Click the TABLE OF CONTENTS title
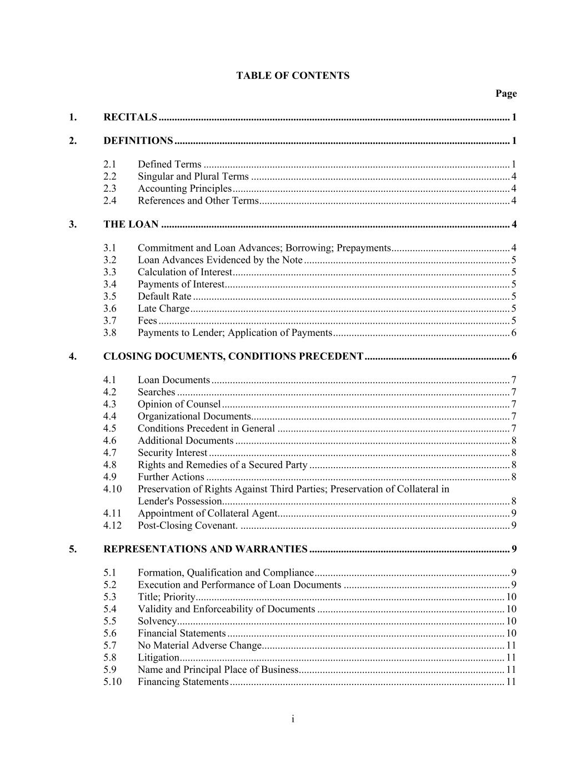(293, 76)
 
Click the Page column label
(506, 93)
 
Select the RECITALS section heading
(131, 117)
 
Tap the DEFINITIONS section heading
(138, 141)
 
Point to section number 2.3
(110, 188)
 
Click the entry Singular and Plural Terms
(193, 176)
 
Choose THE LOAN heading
(131, 225)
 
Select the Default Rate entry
(164, 296)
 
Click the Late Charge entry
(163, 309)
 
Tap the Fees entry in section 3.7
(147, 321)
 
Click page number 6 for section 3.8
(514, 333)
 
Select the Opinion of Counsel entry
(179, 404)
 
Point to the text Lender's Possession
(180, 501)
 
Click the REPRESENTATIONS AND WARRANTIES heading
(206, 549)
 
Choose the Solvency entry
(157, 621)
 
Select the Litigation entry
(158, 658)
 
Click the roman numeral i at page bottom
(293, 720)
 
